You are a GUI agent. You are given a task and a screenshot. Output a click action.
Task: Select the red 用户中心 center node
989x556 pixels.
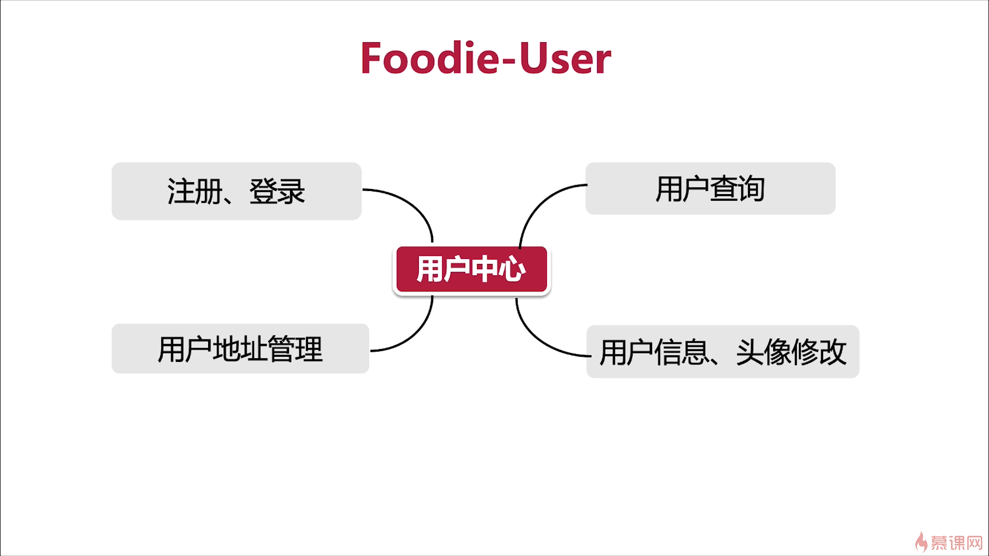point(471,269)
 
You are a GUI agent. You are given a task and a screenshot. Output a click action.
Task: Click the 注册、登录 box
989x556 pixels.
point(236,191)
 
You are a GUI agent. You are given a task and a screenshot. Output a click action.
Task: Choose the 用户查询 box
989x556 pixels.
point(710,188)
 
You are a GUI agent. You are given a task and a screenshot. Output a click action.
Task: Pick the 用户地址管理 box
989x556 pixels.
point(240,349)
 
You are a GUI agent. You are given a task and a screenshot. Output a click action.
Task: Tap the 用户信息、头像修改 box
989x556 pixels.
point(723,352)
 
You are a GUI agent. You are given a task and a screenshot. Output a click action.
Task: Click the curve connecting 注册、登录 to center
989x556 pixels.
point(412,204)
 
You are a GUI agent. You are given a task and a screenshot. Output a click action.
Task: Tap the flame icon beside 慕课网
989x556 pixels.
point(921,542)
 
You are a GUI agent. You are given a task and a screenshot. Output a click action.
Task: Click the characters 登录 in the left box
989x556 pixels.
point(277,191)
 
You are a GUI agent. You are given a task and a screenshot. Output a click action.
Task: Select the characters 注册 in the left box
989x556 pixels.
point(195,191)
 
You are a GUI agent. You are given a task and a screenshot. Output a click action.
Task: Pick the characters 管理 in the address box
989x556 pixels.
point(295,349)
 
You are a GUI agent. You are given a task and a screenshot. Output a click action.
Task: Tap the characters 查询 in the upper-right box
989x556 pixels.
point(738,188)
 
